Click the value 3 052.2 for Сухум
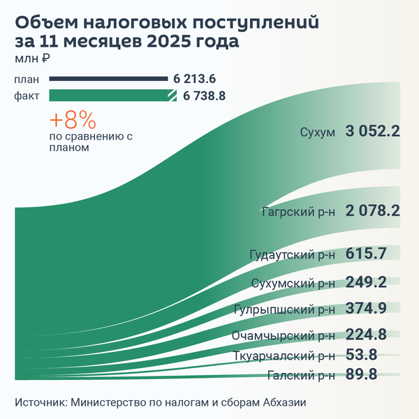[372, 131]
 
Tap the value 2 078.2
[372, 210]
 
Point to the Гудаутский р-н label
[293, 255]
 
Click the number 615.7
[366, 254]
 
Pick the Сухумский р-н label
[293, 283]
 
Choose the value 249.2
[366, 282]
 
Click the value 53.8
[361, 355]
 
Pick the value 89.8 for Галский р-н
[361, 375]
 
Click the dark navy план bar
[108, 79]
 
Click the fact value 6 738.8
[204, 96]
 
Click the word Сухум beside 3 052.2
[318, 132]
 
